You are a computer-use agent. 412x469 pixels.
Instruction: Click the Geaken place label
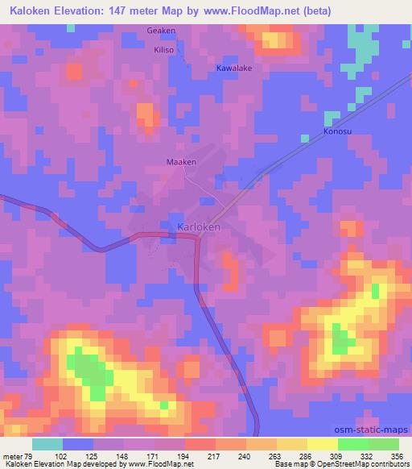point(161,31)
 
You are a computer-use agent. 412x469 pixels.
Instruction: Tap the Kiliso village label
point(164,49)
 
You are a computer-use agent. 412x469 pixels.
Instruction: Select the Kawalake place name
point(234,68)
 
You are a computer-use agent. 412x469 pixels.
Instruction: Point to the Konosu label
point(338,131)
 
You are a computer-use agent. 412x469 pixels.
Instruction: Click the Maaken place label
point(181,162)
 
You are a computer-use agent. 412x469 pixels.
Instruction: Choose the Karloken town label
point(199,227)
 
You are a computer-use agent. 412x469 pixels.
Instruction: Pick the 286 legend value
point(306,455)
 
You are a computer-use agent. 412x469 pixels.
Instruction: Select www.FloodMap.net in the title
point(250,11)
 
